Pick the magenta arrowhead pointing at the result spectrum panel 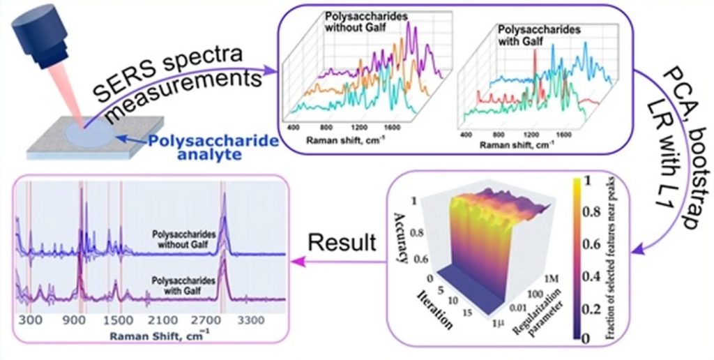click(296, 260)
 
